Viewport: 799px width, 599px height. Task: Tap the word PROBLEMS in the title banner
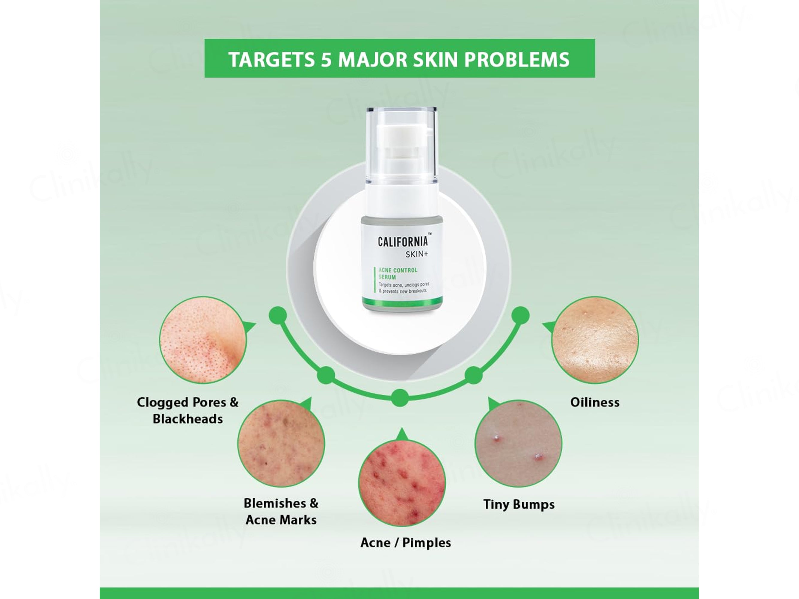[516, 60]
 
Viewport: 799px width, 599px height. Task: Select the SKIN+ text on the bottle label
[416, 254]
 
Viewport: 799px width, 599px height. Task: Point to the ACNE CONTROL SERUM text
[398, 273]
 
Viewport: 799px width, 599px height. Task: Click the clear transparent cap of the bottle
[402, 144]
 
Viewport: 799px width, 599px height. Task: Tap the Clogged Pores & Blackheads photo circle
[203, 340]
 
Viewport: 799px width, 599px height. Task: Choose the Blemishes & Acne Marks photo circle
[281, 443]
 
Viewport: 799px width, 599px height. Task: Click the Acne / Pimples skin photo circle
[402, 483]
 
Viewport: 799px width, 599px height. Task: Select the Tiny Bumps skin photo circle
[518, 443]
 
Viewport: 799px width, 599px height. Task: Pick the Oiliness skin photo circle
[595, 340]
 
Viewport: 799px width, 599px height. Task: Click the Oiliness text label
[595, 402]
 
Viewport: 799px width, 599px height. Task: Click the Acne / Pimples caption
[406, 543]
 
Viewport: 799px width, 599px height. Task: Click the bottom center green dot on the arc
[400, 398]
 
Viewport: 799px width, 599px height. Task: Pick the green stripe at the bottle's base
[402, 302]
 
